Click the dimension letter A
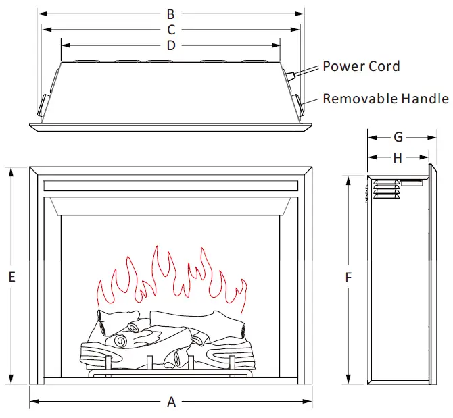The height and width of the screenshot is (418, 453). pos(171,402)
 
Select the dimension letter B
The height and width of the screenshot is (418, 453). pos(171,14)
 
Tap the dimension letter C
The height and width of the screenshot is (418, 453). pos(171,30)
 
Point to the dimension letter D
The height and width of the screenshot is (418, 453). pos(171,45)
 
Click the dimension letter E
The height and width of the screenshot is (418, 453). pos(11,276)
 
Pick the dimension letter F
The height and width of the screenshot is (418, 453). pos(348,278)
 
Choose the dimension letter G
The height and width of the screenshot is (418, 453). pos(398,138)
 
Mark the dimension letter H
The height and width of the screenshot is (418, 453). pos(398,158)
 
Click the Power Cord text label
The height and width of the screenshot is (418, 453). pos(361,66)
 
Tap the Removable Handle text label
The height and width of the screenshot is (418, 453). pos(385,99)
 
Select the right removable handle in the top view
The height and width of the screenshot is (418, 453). pos(298,105)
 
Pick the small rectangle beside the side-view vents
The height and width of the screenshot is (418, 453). pos(411,182)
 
